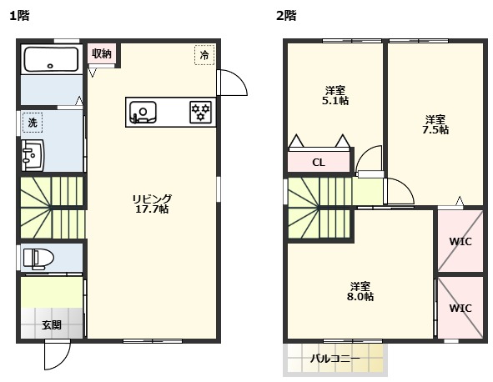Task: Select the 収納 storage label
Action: (x=102, y=53)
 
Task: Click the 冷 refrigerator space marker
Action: (x=204, y=54)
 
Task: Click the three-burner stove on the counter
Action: (x=200, y=113)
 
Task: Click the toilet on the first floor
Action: (x=37, y=258)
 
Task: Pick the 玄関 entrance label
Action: (x=51, y=325)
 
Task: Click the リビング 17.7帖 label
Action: (x=151, y=204)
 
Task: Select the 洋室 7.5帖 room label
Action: (x=435, y=124)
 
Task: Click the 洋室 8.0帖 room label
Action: (x=360, y=290)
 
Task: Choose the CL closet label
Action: (x=319, y=163)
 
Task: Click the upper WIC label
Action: (x=460, y=242)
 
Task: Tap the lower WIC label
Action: (x=460, y=308)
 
